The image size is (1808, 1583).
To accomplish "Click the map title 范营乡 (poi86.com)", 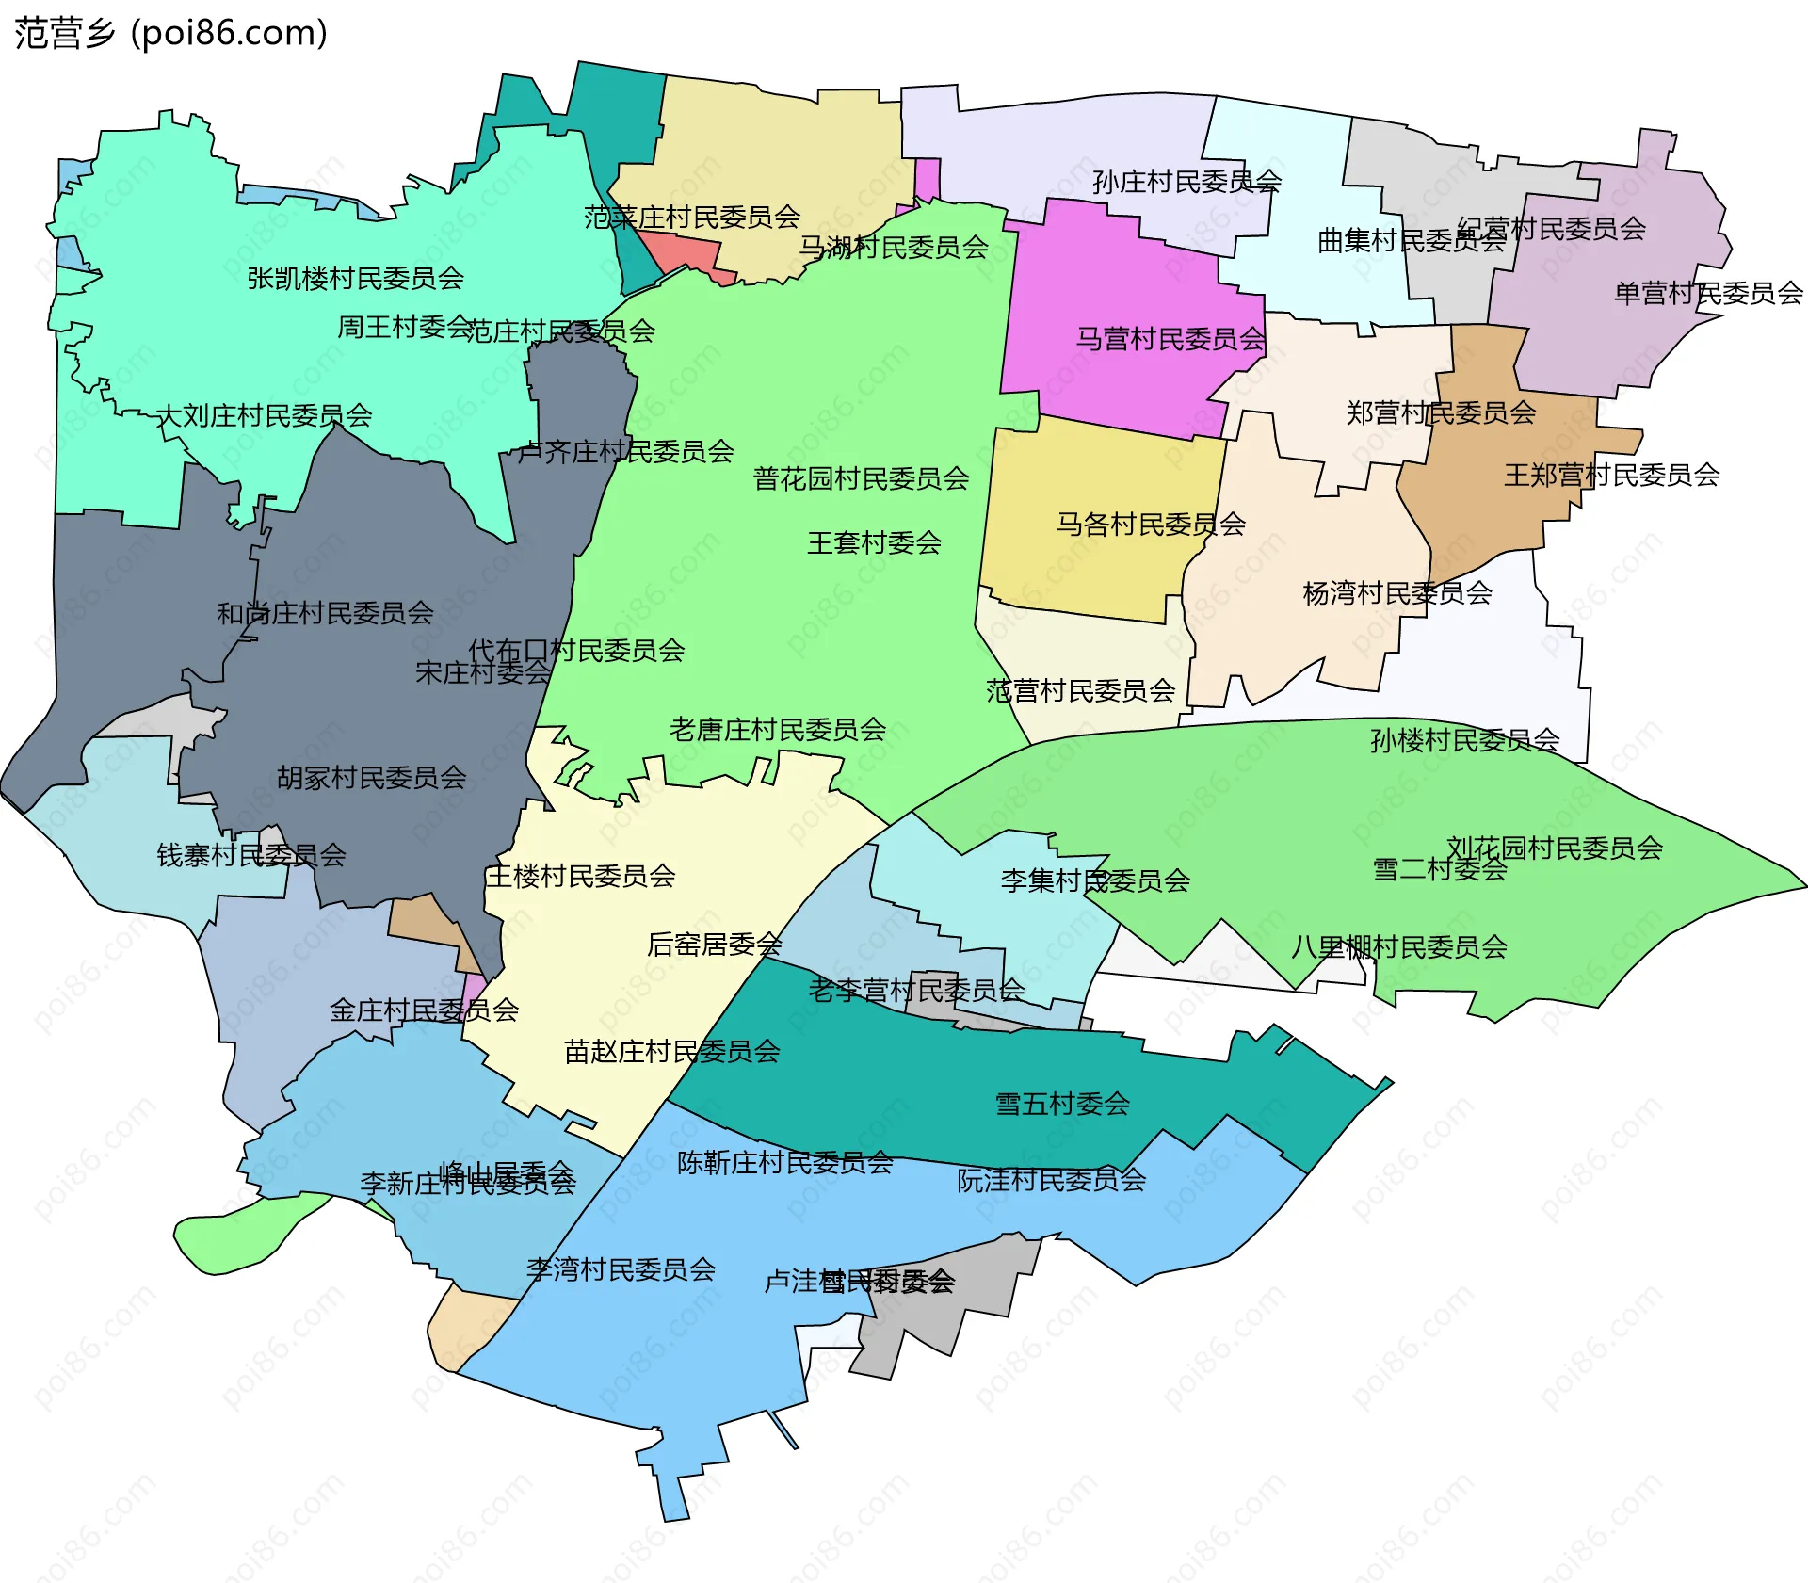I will click(x=170, y=33).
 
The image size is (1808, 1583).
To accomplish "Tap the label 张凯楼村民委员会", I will click(x=355, y=278).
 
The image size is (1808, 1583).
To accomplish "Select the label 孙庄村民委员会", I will click(x=1186, y=181).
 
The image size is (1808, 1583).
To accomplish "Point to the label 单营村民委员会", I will click(x=1708, y=293).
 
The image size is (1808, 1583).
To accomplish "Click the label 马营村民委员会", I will click(x=1170, y=338).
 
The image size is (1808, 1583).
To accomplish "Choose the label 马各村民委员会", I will click(x=1150, y=524).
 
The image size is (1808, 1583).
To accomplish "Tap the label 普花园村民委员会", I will click(x=861, y=478).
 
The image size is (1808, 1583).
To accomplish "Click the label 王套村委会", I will click(x=874, y=542).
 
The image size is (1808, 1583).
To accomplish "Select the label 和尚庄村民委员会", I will click(x=325, y=613).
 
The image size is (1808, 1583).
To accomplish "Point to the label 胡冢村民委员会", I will click(x=371, y=777).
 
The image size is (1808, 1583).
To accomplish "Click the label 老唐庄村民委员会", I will click(x=778, y=729).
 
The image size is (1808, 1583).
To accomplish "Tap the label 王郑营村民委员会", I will click(x=1611, y=475).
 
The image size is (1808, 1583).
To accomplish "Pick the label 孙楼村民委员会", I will click(x=1464, y=740).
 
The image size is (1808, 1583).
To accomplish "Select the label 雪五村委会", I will click(x=1062, y=1104).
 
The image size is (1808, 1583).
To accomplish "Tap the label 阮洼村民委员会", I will click(x=1051, y=1180).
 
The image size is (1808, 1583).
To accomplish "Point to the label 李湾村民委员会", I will click(x=621, y=1269).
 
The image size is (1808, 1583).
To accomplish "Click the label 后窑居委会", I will click(x=714, y=944).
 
